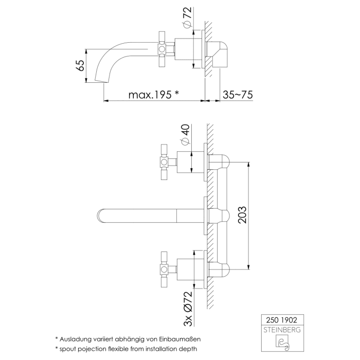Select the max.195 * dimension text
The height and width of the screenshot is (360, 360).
pos(154,94)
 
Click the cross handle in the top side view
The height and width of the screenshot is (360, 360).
pos(164,49)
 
